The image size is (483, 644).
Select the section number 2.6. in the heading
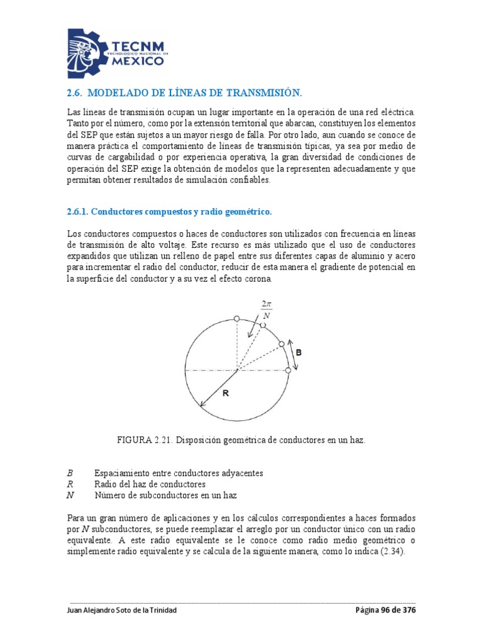75,94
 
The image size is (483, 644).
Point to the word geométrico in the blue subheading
246,211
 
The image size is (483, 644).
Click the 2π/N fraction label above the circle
266,310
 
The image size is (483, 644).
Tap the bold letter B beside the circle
299,353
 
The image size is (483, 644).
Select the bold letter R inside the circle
226,394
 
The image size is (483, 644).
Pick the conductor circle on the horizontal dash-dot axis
288,371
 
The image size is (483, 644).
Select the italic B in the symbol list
69,473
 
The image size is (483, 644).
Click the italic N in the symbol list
70,496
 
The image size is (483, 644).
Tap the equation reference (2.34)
394,552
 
